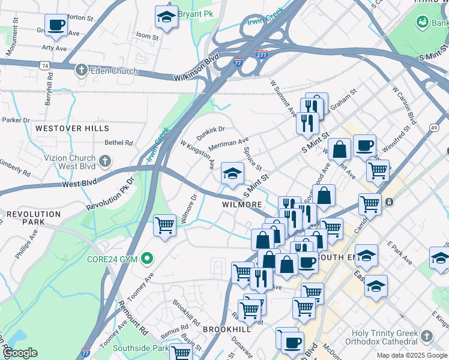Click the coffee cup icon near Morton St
[56, 25]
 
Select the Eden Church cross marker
[82, 71]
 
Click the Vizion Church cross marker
[105, 161]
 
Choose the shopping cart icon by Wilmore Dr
[164, 226]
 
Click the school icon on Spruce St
[232, 174]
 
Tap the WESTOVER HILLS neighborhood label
[72, 128]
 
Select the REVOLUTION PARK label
[34, 218]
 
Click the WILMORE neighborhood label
[242, 205]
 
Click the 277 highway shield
[261, 54]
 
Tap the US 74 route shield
[44, 65]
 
